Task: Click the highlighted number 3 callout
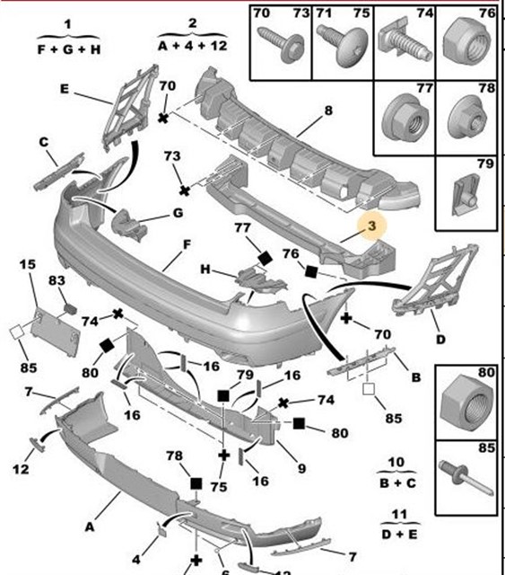[x=371, y=226]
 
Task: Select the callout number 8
[x=328, y=110]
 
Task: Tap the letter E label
[x=65, y=89]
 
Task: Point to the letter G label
[x=178, y=213]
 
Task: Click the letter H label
[x=205, y=270]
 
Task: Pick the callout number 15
[x=28, y=264]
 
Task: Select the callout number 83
[x=57, y=280]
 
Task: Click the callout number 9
[x=301, y=468]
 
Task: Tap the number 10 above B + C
[x=396, y=462]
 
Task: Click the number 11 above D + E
[x=399, y=514]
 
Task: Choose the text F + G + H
[x=69, y=49]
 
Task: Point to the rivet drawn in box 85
[x=465, y=477]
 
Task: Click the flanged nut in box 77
[x=405, y=116]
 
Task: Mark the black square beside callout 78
[x=196, y=483]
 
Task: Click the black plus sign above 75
[x=223, y=456]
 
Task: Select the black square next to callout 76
[x=311, y=271]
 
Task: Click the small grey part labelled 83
[x=70, y=309]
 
